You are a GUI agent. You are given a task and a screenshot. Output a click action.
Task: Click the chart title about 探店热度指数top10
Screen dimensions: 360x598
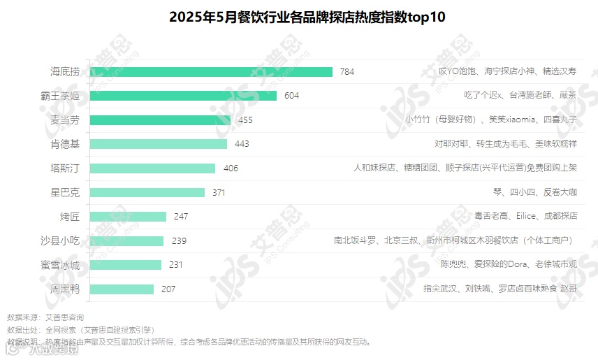coord(307,17)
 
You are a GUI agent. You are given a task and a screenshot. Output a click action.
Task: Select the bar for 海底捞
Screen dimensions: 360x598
coord(212,71)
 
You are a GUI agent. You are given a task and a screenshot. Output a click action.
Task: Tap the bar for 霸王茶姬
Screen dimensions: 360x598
coord(184,96)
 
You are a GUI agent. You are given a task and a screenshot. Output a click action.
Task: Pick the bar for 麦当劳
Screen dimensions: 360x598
coord(161,120)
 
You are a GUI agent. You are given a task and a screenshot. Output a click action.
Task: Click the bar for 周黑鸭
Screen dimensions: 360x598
coord(122,289)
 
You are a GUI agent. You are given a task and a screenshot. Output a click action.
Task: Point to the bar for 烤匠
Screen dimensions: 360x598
coord(129,217)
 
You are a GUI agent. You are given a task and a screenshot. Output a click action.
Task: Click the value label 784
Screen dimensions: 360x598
coord(347,71)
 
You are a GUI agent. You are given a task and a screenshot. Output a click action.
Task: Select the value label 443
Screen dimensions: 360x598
coord(242,144)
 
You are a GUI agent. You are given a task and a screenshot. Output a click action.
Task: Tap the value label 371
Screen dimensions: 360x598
coord(219,192)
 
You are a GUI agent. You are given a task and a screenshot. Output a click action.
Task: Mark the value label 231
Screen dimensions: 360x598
coord(176,265)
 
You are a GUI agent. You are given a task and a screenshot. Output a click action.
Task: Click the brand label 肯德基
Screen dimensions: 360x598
coord(65,144)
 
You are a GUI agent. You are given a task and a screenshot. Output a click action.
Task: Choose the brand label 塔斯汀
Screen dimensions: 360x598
coord(65,168)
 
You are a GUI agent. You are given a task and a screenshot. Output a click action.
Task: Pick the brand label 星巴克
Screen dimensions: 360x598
coord(65,192)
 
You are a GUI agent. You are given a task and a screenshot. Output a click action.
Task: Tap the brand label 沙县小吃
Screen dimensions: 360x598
coord(60,240)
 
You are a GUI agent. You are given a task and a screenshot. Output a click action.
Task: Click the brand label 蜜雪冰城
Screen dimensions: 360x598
coord(60,265)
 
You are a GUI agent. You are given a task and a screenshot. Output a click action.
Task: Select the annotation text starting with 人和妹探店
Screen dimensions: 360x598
coord(465,168)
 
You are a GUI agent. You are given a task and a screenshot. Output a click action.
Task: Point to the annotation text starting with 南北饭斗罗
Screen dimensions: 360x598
coord(453,240)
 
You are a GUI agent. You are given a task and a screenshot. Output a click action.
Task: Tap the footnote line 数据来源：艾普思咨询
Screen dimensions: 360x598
coord(45,317)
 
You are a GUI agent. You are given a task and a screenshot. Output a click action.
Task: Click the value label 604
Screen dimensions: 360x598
coord(291,96)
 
